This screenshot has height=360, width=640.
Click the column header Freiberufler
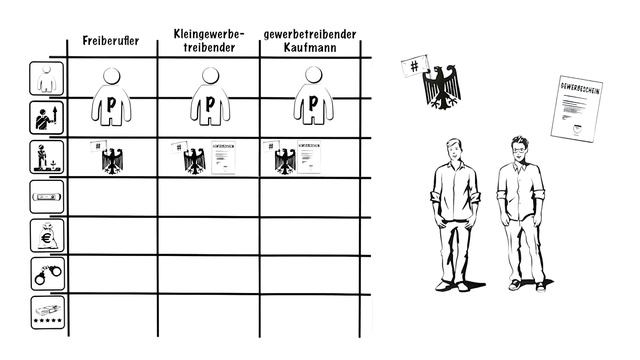tap(111, 44)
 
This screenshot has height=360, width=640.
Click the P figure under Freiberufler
tap(112, 98)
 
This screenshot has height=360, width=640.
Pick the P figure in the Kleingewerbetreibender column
tap(209, 98)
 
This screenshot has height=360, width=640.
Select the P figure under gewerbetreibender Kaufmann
tap(313, 98)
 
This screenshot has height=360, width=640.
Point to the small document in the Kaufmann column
tap(309, 158)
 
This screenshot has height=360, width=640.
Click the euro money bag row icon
tap(48, 237)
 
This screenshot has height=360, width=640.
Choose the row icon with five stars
tap(48, 312)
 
